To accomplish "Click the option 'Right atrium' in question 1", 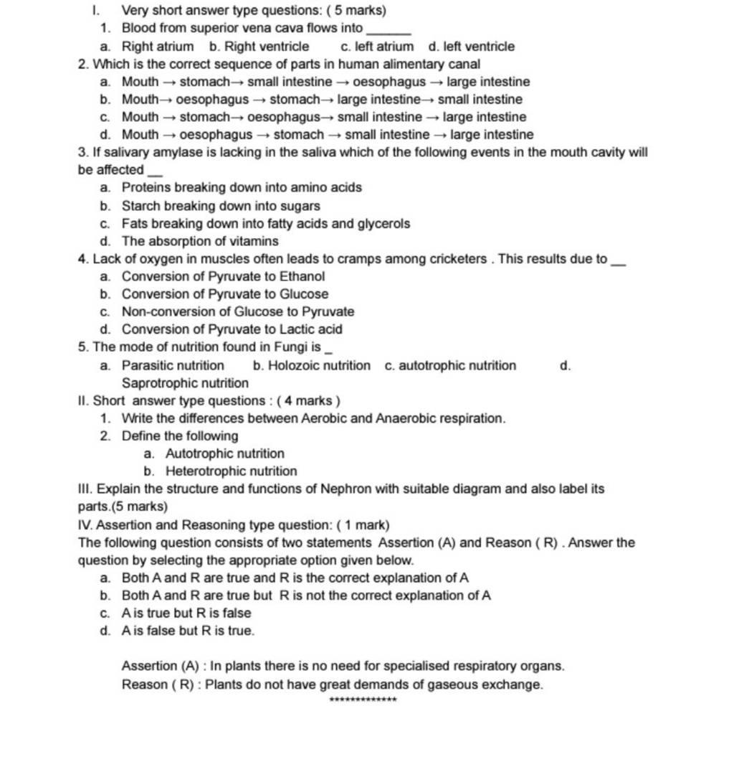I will point(157,47).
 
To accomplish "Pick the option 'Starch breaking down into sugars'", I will point(221,206).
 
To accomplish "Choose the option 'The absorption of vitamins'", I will point(200,241).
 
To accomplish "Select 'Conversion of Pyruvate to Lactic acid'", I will point(232,329).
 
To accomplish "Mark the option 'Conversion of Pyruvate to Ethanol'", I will point(223,276).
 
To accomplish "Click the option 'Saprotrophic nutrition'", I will point(185,383).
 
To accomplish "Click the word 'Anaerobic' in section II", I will point(405,418).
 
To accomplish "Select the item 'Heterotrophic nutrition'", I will point(231,471).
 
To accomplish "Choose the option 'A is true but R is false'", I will point(186,613).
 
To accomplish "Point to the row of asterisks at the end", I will point(362,699).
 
